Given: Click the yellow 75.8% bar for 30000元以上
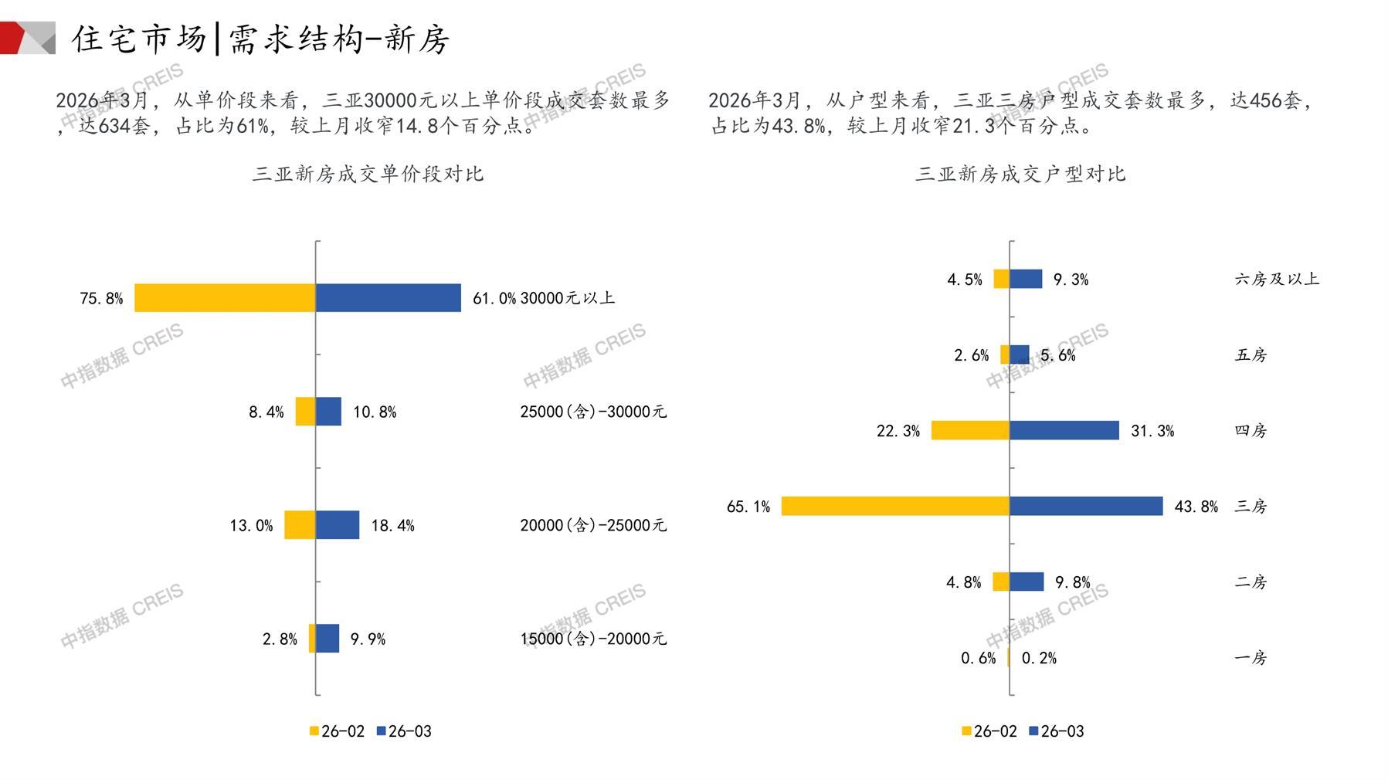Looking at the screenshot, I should (x=225, y=298).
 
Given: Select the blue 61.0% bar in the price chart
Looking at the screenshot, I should (x=388, y=298).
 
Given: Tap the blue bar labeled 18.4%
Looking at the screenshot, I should (x=338, y=525).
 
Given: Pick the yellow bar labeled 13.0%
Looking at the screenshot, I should (x=300, y=525).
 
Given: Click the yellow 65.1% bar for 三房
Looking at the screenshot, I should (x=894, y=506).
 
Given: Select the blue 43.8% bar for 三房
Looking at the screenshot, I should (x=1086, y=506).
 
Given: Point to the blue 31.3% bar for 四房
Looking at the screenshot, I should (x=1064, y=430).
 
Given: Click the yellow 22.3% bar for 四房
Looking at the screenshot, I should (x=970, y=430).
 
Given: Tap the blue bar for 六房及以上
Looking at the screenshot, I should (x=1026, y=279).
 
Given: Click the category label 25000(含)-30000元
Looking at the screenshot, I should (x=592, y=412).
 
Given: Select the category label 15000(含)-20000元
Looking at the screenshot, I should (x=592, y=639).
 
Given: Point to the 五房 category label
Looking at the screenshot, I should (x=1251, y=355).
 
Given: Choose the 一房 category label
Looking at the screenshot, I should (x=1251, y=658).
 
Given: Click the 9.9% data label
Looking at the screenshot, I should (x=368, y=639).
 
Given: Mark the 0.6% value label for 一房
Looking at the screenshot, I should (x=978, y=658).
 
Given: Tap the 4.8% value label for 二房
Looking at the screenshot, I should (x=963, y=582).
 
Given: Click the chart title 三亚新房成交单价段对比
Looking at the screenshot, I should (x=368, y=174).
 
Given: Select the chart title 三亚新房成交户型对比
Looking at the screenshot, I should (x=1020, y=174).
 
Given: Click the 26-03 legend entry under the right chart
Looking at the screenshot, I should (x=1057, y=731).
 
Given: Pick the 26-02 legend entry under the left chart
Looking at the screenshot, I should (x=337, y=731).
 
